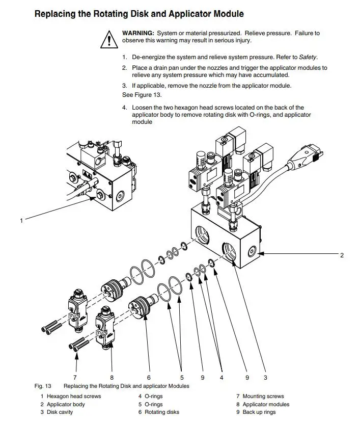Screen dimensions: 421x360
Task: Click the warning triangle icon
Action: coord(108,38)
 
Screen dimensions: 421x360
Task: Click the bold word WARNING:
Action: coord(138,33)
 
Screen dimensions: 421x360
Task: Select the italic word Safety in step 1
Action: coord(309,57)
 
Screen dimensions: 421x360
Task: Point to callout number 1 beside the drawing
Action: coord(21,221)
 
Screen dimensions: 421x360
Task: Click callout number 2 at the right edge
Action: coord(342,255)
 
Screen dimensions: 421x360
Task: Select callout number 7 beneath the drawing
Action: coord(75,378)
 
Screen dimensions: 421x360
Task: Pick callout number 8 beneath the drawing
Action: coord(112,378)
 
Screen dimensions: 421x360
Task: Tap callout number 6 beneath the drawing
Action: coord(149,378)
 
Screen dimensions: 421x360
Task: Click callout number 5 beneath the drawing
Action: coord(182,378)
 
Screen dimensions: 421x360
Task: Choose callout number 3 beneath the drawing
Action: coord(265,378)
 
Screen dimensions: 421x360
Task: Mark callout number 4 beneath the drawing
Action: coord(221,378)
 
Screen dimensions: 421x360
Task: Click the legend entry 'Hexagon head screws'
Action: coord(74,396)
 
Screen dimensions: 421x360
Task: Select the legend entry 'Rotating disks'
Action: coord(162,412)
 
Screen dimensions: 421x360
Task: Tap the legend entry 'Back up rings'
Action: coord(259,412)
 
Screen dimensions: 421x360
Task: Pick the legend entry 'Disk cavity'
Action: coord(60,412)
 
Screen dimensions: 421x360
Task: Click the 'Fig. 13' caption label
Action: coord(43,386)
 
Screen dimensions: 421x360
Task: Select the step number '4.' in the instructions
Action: coord(124,108)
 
